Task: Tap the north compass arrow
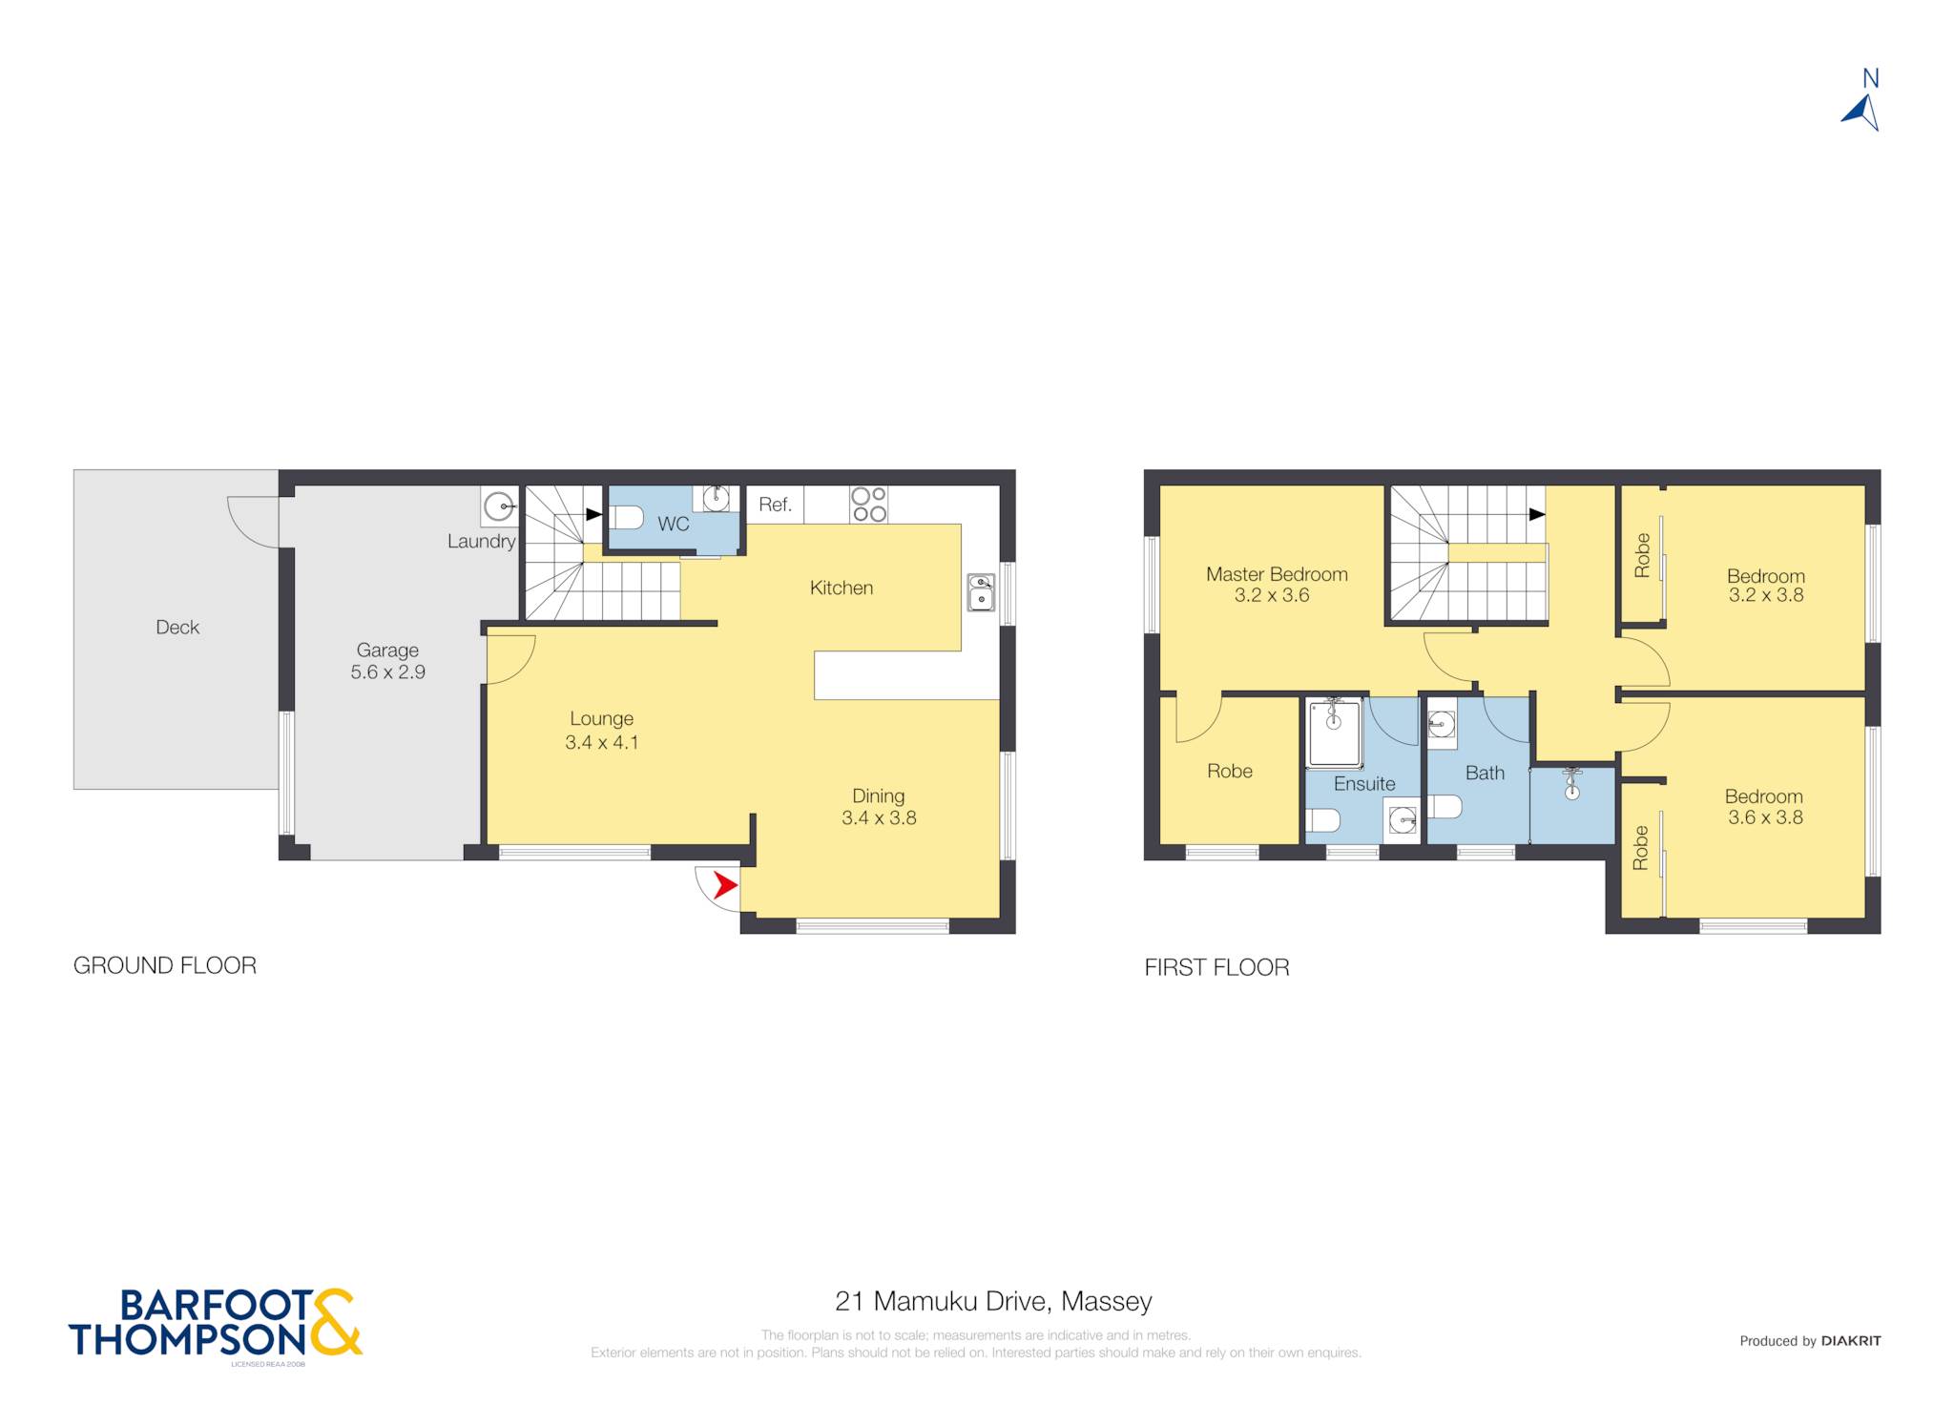point(1861,113)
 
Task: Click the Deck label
point(177,628)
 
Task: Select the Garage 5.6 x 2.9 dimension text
point(388,672)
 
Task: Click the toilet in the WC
point(626,518)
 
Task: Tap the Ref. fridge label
point(775,505)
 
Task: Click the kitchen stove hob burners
point(869,505)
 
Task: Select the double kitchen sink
point(981,592)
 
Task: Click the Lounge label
point(602,719)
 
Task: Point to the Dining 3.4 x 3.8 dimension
point(879,817)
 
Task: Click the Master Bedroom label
point(1277,574)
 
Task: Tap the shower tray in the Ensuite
point(1334,733)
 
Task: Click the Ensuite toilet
point(1323,819)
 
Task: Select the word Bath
point(1485,774)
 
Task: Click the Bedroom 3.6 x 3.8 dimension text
point(1765,817)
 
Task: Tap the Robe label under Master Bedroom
point(1230,772)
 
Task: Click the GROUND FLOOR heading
point(165,966)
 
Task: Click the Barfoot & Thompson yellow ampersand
point(335,1322)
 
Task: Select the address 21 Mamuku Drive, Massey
point(993,1301)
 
